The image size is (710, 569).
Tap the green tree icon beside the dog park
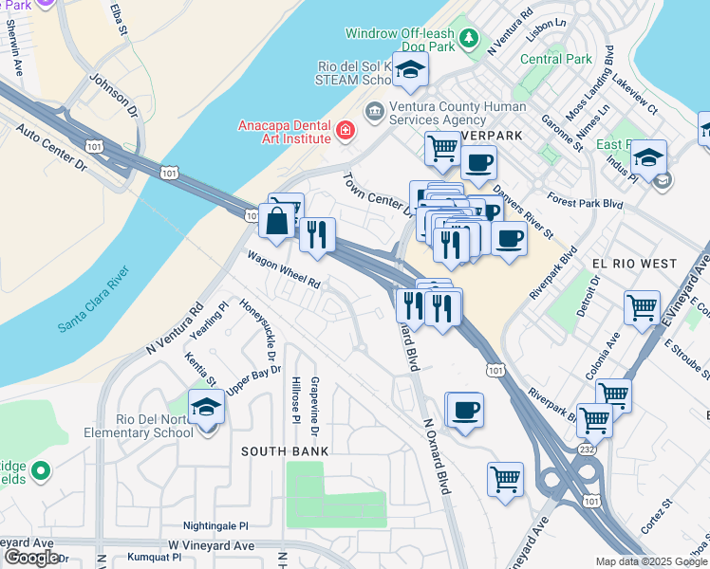click(468, 38)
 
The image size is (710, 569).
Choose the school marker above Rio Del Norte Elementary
click(207, 408)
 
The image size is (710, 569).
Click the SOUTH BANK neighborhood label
click(284, 451)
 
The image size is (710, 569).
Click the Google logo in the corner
click(30, 558)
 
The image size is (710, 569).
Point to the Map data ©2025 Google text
click(651, 561)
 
